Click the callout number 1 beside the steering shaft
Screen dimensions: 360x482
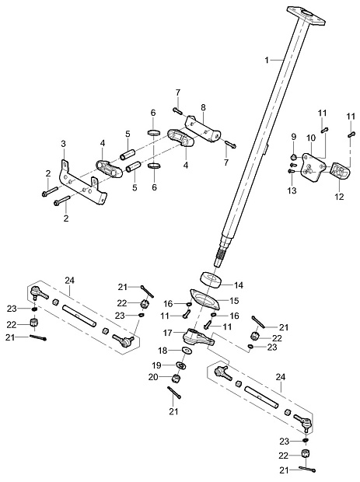(x=267, y=61)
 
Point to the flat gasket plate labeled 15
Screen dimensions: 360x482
(x=205, y=299)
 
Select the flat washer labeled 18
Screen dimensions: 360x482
(x=187, y=350)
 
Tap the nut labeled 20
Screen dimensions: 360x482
(x=176, y=379)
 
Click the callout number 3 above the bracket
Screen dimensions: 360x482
(x=63, y=144)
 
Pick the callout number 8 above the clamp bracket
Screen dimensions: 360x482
(x=203, y=107)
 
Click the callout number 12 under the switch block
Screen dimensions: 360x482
(x=340, y=197)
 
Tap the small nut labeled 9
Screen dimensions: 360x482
(x=294, y=157)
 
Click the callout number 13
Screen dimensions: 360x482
(x=292, y=190)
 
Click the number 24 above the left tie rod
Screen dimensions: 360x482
(x=70, y=281)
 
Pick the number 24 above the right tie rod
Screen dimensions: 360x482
(x=281, y=377)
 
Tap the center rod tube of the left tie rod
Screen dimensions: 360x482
(x=79, y=315)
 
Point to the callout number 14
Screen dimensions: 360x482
(x=239, y=285)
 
